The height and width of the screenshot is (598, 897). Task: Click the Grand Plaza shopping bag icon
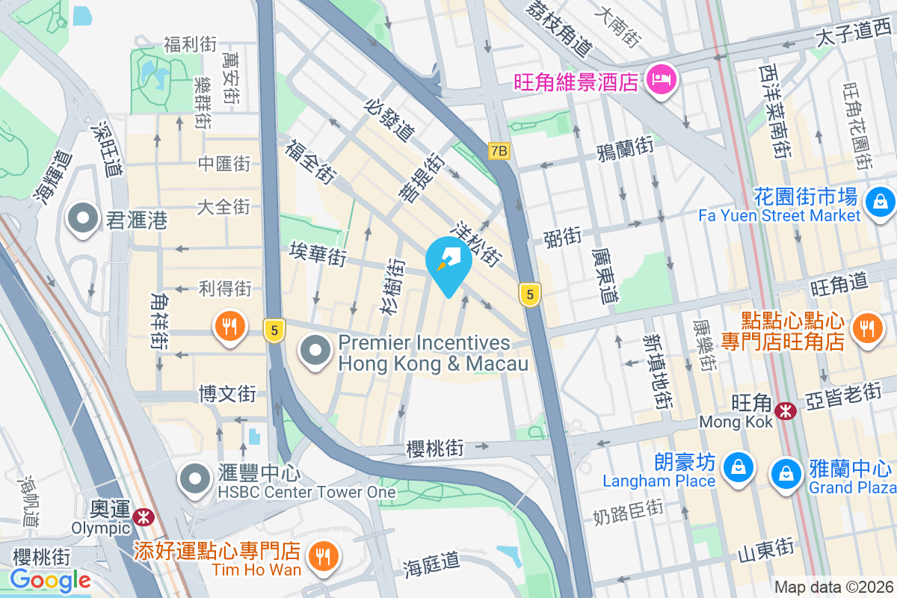point(786,472)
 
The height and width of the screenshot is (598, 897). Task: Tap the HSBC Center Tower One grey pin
point(196,478)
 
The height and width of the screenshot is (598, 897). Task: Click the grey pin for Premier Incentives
point(316,351)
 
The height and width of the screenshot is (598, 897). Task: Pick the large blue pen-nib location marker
point(449,262)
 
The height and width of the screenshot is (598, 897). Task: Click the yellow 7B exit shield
point(499,151)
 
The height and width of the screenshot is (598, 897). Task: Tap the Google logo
point(50,579)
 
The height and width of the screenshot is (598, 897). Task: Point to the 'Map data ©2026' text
point(833,588)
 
